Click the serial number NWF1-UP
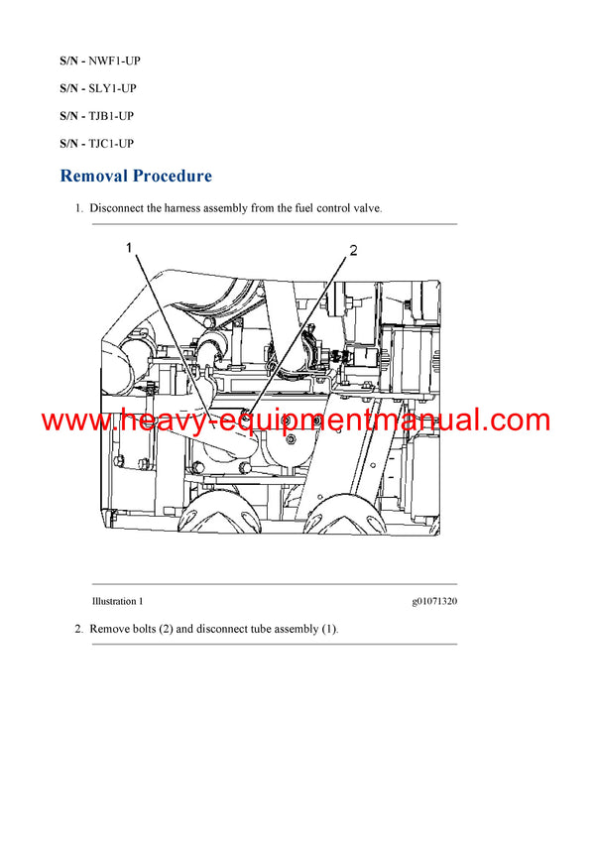(x=114, y=60)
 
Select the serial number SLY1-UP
(x=113, y=88)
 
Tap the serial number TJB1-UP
(x=112, y=116)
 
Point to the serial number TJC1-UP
(x=112, y=144)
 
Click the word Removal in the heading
(x=96, y=177)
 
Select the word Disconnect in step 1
(x=119, y=209)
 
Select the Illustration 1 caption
(x=117, y=601)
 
